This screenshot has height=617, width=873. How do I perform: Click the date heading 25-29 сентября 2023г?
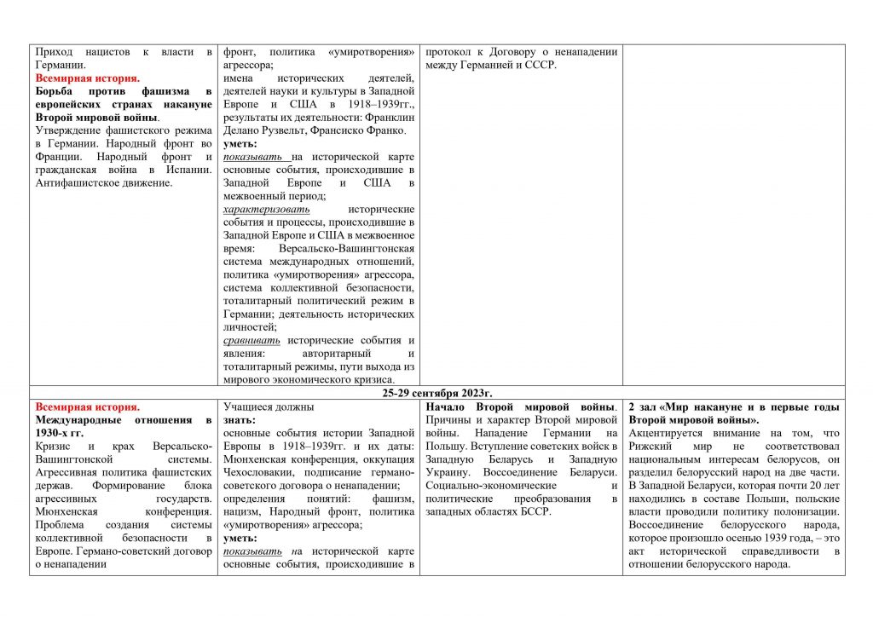[x=437, y=393]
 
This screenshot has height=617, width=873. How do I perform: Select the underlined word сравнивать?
[x=251, y=340]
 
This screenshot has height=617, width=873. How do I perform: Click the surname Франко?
[x=386, y=130]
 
